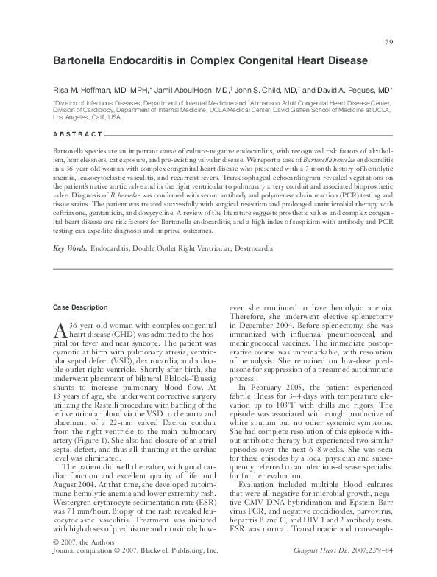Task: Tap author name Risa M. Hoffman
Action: click(86, 86)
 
